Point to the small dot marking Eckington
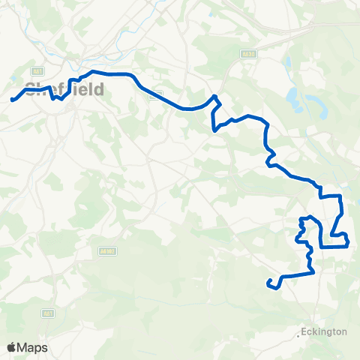299,334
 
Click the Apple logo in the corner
12,347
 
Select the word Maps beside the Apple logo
33,347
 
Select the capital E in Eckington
304,331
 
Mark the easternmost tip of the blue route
349,240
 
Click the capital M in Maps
23,347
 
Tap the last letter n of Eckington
344,331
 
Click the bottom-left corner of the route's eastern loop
322,246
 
